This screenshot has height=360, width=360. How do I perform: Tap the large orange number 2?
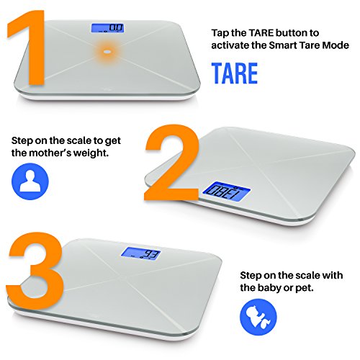(x=171, y=163)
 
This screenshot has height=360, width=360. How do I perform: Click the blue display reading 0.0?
(x=108, y=28)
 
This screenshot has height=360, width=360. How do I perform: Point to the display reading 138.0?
(x=227, y=192)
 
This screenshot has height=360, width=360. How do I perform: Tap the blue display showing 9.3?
(x=140, y=253)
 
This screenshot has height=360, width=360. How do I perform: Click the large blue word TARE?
(x=235, y=73)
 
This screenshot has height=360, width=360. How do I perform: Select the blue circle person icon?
(x=30, y=181)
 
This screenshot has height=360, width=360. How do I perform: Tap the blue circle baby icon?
(x=258, y=317)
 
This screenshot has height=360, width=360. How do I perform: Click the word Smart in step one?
(x=282, y=45)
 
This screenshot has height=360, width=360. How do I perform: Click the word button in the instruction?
(x=291, y=33)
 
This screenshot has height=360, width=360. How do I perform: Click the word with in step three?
(x=332, y=275)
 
